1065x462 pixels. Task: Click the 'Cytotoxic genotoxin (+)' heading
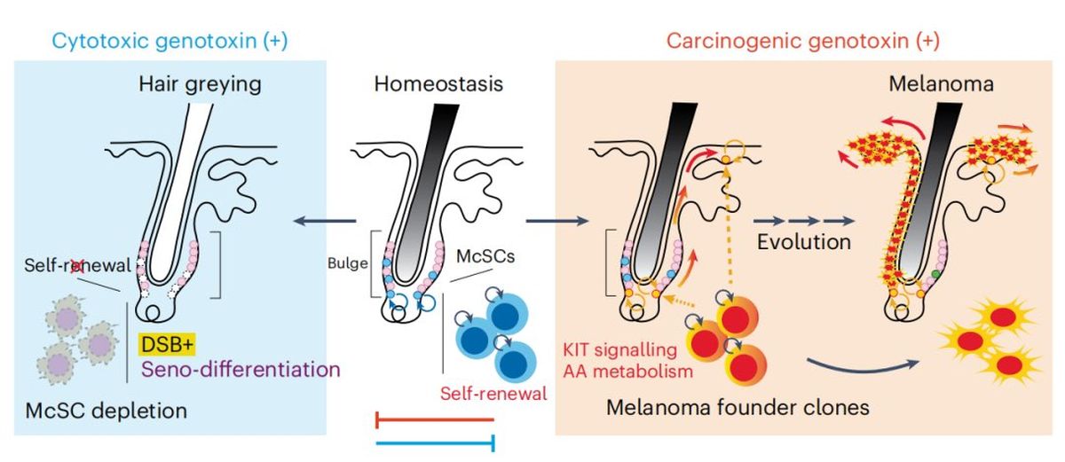point(170,41)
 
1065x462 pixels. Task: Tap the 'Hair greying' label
point(199,85)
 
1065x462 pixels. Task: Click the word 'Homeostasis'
point(438,85)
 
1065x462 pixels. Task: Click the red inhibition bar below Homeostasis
point(435,419)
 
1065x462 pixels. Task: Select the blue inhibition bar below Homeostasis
point(435,442)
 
